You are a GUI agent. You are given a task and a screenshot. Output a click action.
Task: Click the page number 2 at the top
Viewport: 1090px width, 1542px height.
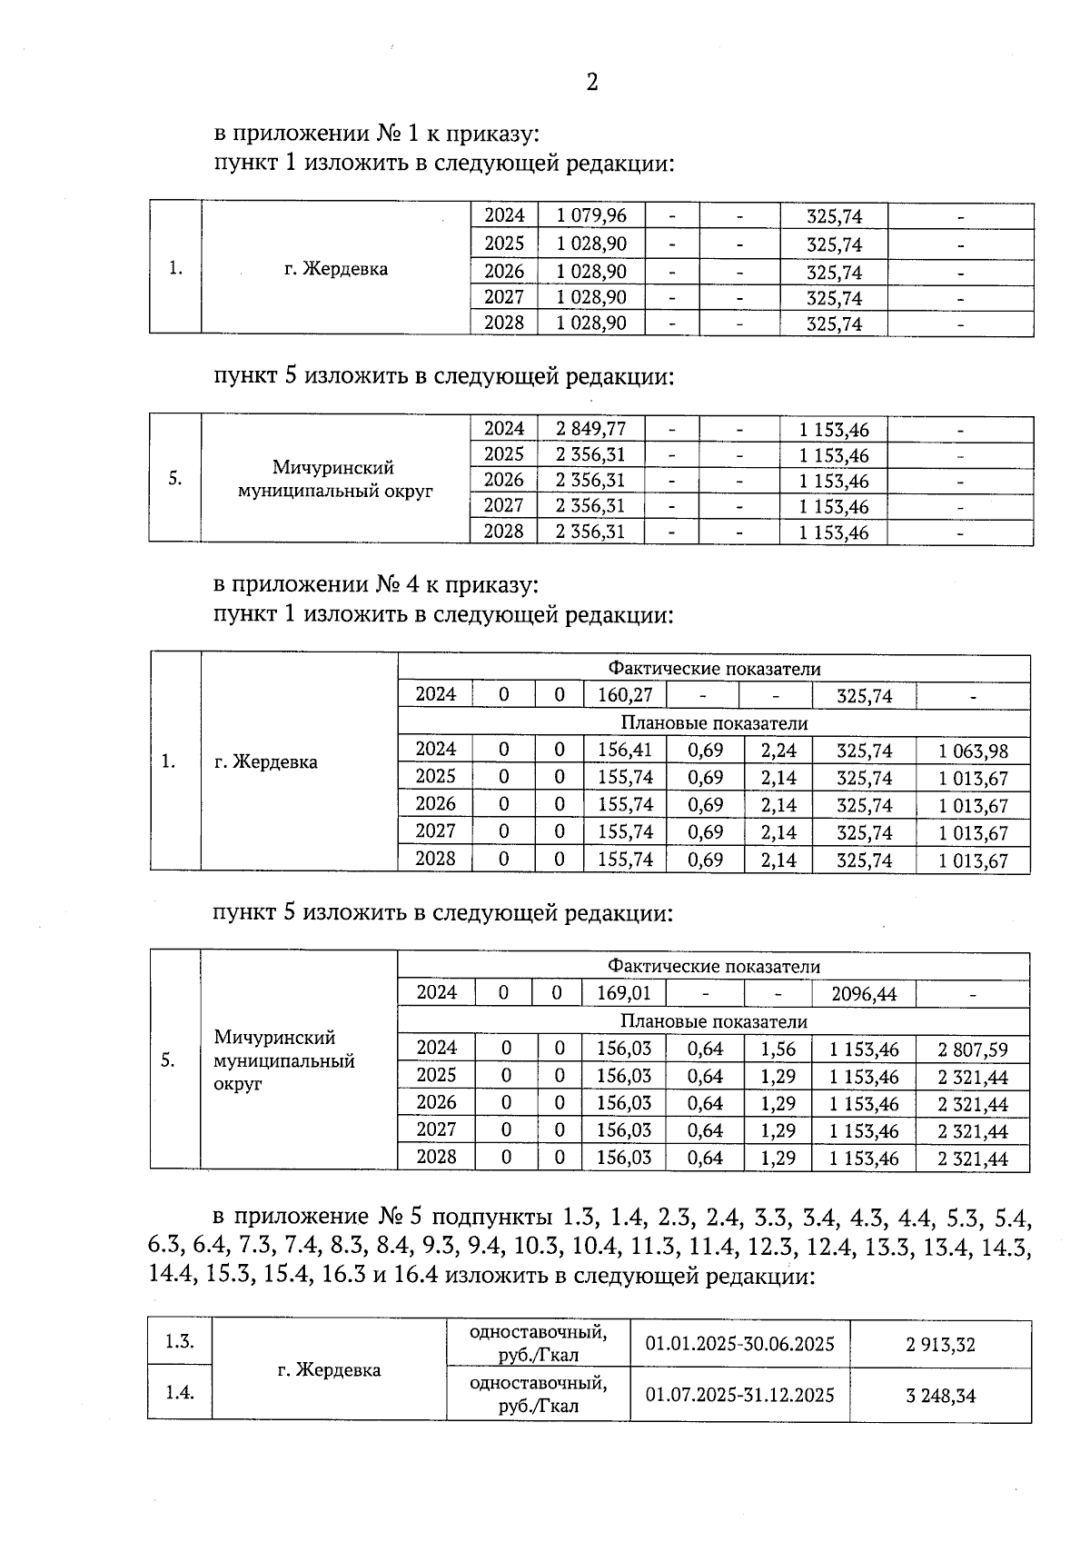click(x=592, y=83)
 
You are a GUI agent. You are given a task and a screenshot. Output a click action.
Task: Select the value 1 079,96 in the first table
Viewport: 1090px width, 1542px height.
click(x=591, y=216)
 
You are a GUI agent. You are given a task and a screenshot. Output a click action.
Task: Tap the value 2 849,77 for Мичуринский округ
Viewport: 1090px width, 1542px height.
click(x=591, y=429)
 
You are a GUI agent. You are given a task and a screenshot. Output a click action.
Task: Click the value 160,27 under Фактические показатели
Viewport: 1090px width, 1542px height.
click(x=625, y=696)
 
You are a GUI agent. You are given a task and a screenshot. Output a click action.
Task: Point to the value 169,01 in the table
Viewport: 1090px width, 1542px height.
click(x=624, y=993)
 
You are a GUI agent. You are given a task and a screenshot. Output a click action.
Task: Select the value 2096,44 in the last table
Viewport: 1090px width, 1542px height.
click(x=864, y=994)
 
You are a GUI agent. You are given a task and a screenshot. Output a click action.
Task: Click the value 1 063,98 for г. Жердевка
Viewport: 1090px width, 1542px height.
click(x=973, y=751)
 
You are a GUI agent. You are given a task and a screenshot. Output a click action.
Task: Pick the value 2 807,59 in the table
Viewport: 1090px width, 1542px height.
click(x=973, y=1050)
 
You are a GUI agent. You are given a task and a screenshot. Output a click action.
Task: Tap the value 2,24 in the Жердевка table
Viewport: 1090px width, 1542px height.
click(x=778, y=751)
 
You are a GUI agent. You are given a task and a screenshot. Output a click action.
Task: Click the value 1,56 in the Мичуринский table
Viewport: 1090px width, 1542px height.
click(x=778, y=1050)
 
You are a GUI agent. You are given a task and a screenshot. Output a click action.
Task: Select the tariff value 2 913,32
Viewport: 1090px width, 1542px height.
click(x=940, y=1345)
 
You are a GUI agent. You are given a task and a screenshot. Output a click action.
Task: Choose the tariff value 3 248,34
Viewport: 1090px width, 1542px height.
click(x=940, y=1396)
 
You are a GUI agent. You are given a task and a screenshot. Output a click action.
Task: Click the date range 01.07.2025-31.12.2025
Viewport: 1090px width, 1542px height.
click(x=739, y=1395)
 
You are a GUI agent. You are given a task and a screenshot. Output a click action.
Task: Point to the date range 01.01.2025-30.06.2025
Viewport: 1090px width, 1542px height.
click(x=739, y=1344)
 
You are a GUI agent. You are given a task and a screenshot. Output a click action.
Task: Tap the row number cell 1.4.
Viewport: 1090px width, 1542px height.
click(x=180, y=1392)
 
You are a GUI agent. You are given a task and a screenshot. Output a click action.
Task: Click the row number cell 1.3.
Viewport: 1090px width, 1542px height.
click(x=180, y=1341)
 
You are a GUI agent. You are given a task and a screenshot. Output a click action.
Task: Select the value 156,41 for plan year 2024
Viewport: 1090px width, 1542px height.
click(x=625, y=751)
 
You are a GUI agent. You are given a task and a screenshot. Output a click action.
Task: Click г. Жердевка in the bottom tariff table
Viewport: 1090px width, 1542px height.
click(x=329, y=1369)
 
